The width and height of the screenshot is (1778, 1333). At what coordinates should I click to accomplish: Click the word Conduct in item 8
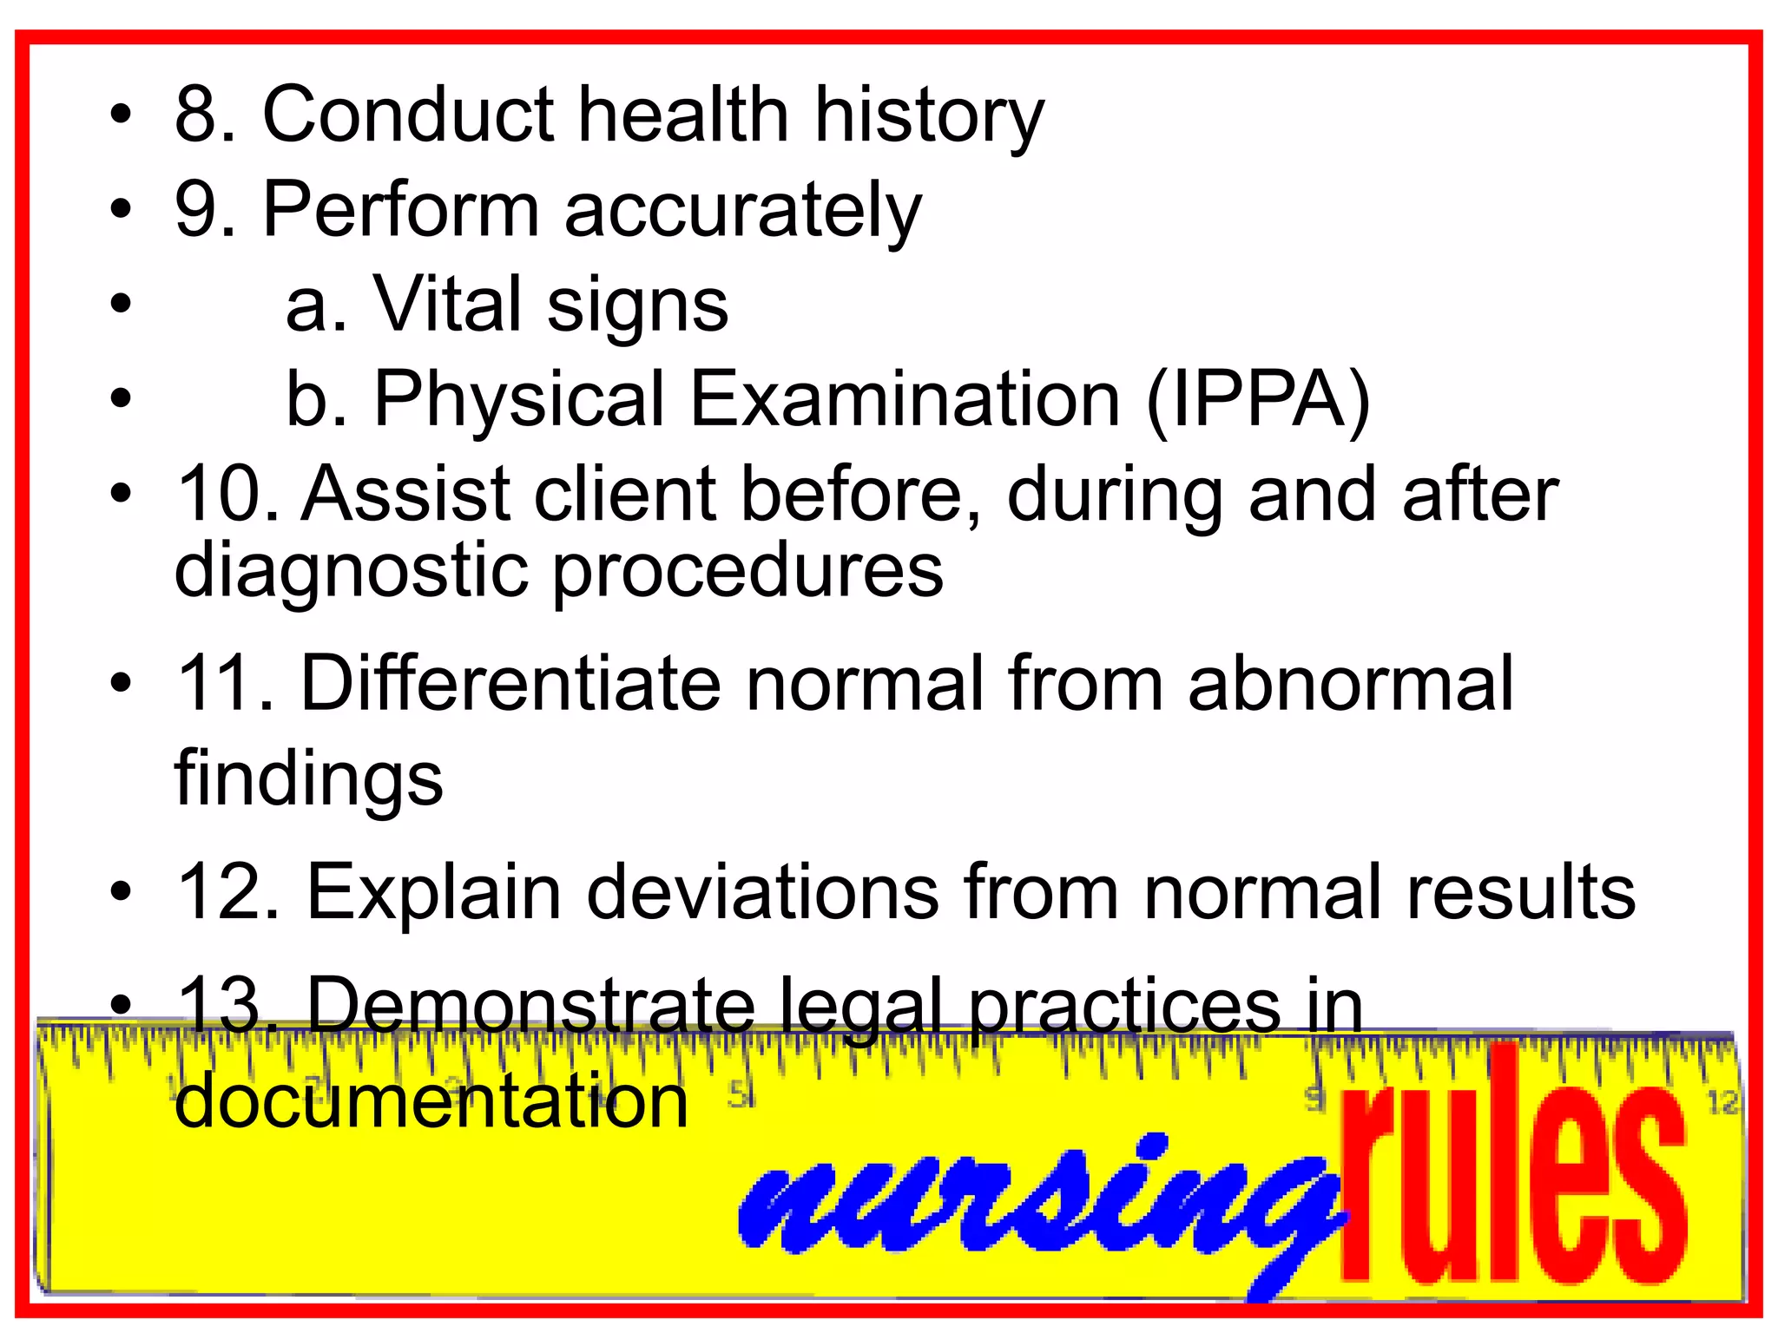407,115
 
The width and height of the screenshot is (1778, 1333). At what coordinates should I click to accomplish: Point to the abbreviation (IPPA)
1258,401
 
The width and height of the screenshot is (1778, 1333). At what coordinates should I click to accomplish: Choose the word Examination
905,399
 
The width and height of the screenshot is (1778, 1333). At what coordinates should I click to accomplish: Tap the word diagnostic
351,573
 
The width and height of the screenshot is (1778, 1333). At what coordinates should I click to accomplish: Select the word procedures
747,573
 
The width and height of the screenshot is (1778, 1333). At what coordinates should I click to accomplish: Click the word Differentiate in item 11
510,684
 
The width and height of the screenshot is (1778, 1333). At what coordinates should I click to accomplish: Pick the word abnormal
1350,684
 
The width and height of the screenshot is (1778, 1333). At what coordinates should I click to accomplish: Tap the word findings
309,778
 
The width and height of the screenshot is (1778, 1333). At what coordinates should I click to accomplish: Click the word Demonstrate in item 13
531,1006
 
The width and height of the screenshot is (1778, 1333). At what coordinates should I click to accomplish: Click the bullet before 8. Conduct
122,115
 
